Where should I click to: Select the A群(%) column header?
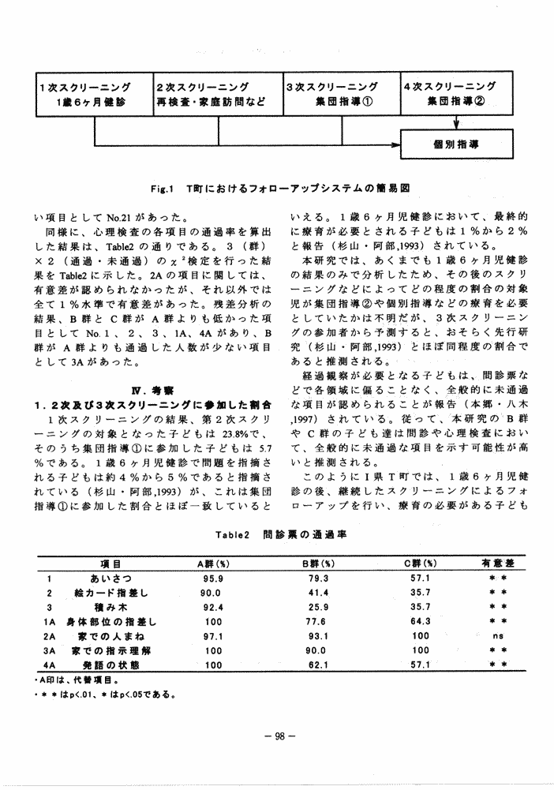[212, 564]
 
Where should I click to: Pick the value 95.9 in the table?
[212, 578]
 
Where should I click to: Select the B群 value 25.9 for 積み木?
[319, 607]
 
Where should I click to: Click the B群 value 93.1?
[319, 635]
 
